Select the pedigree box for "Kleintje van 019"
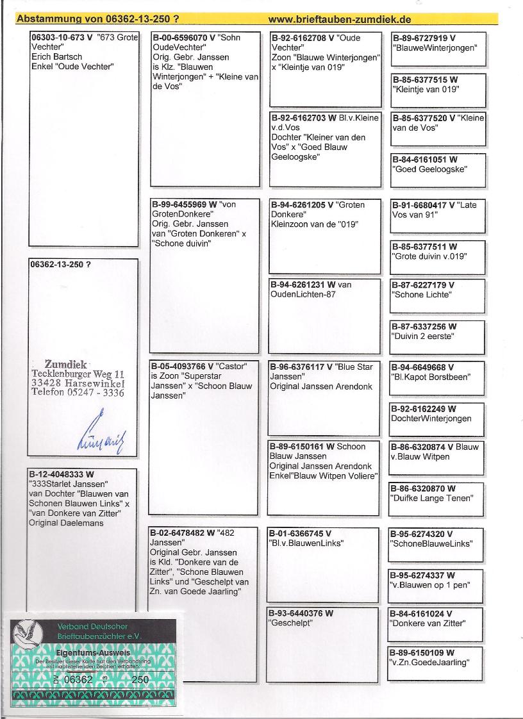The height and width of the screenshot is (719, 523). [438, 90]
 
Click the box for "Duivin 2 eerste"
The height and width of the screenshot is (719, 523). [437, 337]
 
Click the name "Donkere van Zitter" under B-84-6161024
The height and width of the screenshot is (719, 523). [427, 623]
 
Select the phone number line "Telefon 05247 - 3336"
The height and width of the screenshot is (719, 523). [78, 393]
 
